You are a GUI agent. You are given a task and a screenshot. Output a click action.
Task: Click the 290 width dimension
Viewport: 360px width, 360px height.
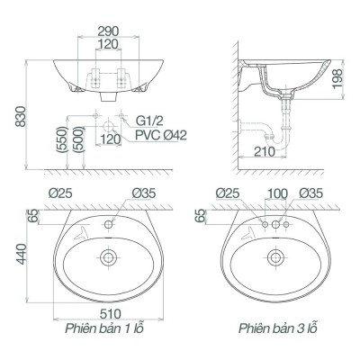tap(108, 31)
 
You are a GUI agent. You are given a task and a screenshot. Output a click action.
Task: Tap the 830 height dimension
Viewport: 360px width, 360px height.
tap(22, 116)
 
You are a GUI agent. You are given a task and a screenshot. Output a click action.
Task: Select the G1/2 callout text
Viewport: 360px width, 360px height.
tap(149, 121)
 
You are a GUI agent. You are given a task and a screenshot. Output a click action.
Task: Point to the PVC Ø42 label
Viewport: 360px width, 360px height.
tap(161, 135)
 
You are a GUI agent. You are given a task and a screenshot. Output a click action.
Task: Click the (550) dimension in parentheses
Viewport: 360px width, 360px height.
tap(62, 139)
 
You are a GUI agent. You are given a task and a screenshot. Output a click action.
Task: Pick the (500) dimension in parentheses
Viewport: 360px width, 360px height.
tap(78, 139)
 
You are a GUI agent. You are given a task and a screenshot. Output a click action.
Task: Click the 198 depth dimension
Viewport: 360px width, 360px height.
tap(337, 79)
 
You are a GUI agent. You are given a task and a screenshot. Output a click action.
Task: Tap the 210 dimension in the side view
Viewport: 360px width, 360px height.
tap(265, 152)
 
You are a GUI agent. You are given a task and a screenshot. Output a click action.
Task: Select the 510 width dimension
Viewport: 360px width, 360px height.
tap(111, 314)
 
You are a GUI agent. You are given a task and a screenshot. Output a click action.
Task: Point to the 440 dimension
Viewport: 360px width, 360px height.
tap(22, 254)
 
